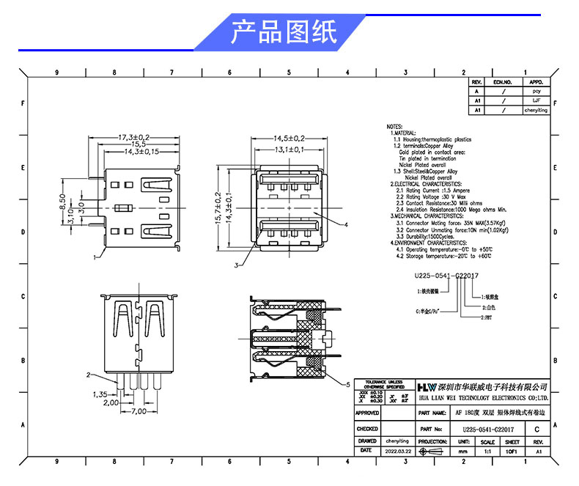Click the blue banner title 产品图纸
(x=284, y=33)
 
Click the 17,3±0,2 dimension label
(x=134, y=137)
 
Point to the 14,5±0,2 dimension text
(x=289, y=138)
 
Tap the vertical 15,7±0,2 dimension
(x=218, y=209)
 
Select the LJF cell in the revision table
(x=535, y=100)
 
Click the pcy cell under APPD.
(x=535, y=91)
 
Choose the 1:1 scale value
(x=487, y=452)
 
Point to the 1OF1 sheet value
(x=512, y=452)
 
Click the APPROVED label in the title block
(x=367, y=413)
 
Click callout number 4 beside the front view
(x=345, y=224)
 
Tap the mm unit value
(x=463, y=452)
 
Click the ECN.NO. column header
(x=503, y=82)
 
